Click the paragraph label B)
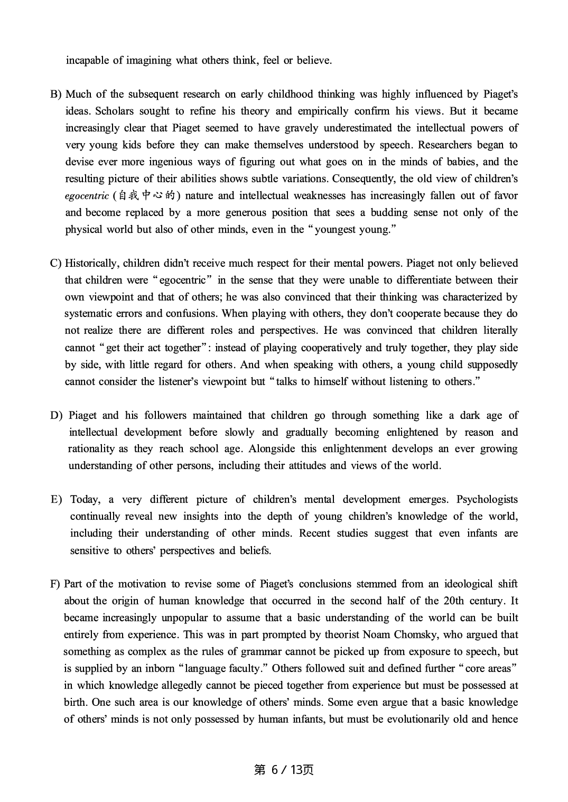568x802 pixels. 56,95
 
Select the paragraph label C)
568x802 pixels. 56,264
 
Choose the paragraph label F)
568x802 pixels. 55,584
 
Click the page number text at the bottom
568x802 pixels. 284,770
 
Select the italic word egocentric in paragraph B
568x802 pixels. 87,196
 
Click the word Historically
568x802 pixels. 92,264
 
